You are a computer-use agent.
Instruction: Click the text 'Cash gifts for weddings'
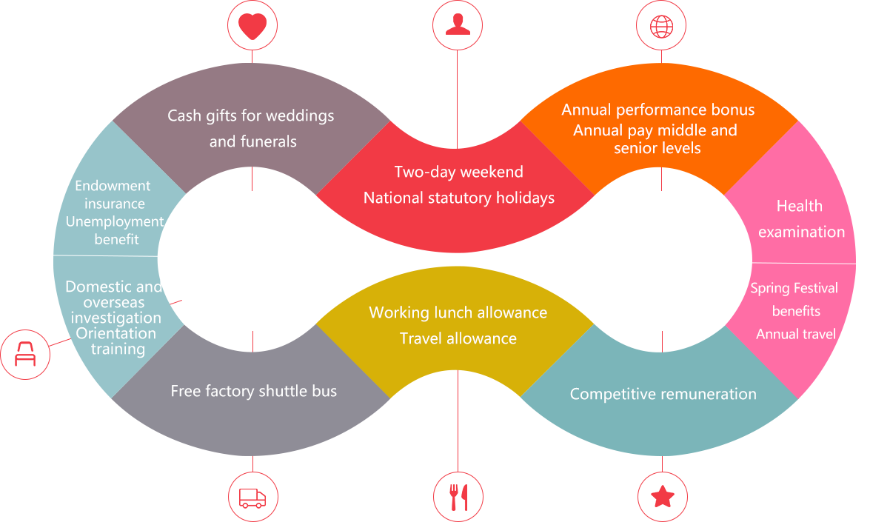250,116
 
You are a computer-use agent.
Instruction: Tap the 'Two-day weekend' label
458,173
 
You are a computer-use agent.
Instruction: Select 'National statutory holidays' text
458,198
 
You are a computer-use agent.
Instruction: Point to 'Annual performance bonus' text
657,110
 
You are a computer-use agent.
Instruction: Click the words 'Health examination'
800,218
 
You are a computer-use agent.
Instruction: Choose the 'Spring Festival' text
794,288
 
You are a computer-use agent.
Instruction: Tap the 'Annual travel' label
795,334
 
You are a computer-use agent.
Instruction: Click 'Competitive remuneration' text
663,394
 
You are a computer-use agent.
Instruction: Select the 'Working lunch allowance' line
458,312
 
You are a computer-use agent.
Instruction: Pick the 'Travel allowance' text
458,338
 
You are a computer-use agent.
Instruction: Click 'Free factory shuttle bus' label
253,391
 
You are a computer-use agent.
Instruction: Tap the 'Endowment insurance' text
113,194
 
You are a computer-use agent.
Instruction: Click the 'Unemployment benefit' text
115,230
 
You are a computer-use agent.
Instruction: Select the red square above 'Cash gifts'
252,25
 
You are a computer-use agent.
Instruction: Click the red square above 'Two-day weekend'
457,25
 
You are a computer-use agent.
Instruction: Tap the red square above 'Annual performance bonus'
660,25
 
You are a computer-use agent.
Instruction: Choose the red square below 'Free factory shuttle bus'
252,495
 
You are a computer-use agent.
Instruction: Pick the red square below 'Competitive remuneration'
662,495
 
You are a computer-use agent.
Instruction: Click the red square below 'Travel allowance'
458,495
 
